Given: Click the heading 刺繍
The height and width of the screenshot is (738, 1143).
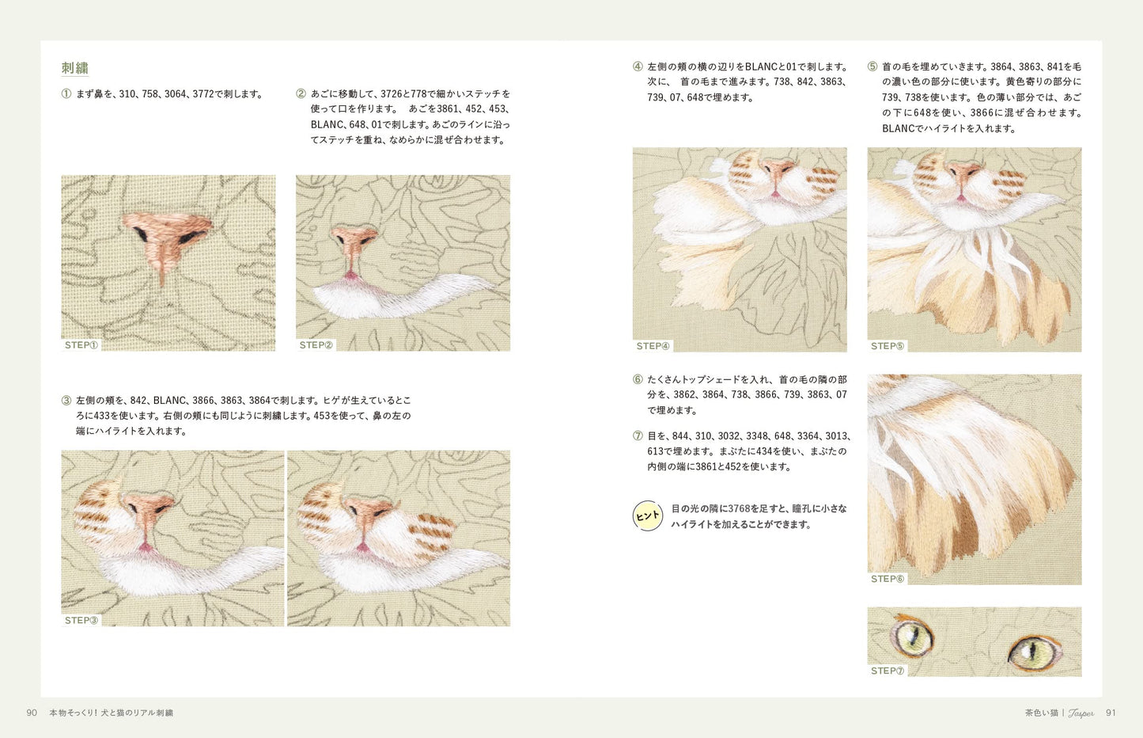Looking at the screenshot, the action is (75, 68).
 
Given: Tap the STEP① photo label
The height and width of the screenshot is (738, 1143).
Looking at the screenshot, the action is (81, 345).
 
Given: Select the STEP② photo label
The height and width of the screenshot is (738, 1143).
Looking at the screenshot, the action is (316, 345).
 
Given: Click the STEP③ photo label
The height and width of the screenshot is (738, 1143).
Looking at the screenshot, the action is (81, 620).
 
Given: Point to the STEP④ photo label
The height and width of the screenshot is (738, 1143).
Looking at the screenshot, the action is (653, 346).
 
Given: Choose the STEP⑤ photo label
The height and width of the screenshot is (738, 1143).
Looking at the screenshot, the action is (888, 346).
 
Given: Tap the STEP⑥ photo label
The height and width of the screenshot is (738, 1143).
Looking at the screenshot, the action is (888, 579).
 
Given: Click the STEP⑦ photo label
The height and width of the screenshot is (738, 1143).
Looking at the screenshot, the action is (888, 671).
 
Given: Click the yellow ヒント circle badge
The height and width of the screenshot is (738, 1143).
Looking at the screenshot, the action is (648, 515).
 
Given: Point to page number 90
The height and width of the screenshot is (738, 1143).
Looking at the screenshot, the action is (32, 713).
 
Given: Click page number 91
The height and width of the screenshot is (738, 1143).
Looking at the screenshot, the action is (1111, 713).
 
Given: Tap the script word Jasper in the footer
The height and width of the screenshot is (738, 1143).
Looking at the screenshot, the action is (1081, 713).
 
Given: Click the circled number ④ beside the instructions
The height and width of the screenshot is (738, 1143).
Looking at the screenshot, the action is (638, 67).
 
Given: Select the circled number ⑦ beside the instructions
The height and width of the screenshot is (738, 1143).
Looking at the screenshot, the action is (638, 436).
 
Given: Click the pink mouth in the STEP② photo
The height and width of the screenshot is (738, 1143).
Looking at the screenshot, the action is (351, 276).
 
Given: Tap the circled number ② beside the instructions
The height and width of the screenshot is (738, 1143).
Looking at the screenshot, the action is (301, 93).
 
